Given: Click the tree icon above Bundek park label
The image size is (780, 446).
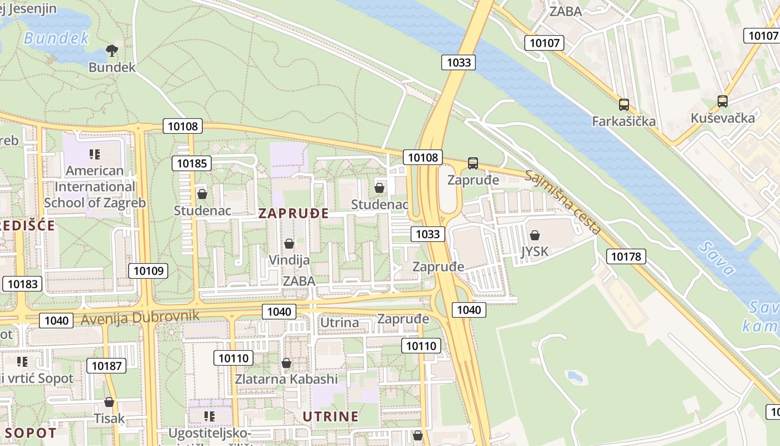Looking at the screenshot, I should (112, 51).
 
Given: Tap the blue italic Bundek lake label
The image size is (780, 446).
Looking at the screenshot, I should (56, 38).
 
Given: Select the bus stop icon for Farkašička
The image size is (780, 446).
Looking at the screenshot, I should (624, 104).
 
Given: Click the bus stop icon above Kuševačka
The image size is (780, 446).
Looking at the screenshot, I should (723, 101).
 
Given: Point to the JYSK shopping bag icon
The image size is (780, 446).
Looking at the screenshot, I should (535, 235).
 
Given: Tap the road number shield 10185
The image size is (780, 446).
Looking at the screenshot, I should (192, 163).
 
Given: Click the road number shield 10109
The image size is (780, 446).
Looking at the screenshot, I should (148, 271).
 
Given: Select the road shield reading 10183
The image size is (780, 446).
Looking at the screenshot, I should (23, 284).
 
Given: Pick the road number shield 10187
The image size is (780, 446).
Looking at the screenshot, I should (106, 366).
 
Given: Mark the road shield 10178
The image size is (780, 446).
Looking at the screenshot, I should (627, 256).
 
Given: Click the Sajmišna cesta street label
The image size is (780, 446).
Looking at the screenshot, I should (563, 203).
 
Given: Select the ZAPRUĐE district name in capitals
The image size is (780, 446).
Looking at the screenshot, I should (294, 214).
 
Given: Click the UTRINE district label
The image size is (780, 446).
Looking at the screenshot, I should (330, 416).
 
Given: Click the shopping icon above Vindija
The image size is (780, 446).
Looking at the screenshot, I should (289, 244).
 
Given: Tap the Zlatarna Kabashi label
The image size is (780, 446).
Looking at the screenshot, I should (286, 379).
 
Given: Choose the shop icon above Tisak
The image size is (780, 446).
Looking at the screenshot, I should (109, 402).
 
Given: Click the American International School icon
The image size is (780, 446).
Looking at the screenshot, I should (95, 154).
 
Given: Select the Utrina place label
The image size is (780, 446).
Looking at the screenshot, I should (339, 322).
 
